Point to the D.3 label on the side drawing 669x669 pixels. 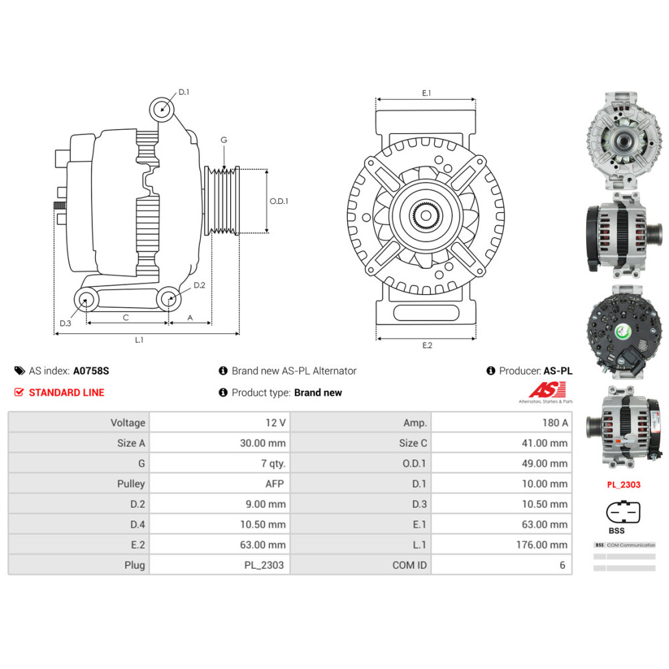[x=65, y=323]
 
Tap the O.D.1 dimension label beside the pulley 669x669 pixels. [x=279, y=201]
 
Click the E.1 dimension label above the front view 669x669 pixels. [x=426, y=94]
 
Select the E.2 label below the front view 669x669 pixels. [x=427, y=345]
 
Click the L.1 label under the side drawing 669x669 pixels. [x=139, y=340]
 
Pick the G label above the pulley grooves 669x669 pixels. [x=224, y=140]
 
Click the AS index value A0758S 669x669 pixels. [x=90, y=371]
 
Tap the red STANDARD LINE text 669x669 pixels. [x=66, y=393]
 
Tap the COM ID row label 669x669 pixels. [x=409, y=565]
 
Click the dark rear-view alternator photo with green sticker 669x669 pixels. [x=624, y=332]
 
